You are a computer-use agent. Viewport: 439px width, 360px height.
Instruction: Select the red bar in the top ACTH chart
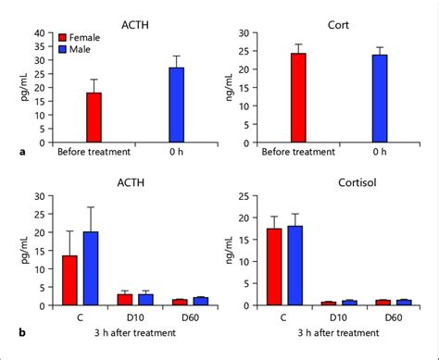tap(94, 118)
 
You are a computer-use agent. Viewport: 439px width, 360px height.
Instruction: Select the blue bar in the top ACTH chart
tap(176, 106)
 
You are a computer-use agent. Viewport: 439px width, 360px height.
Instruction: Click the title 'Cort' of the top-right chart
tap(338, 16)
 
